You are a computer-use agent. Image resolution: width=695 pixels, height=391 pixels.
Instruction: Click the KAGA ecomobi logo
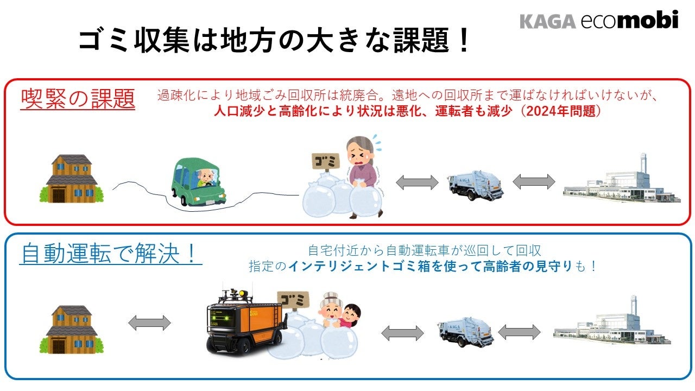tap(599, 21)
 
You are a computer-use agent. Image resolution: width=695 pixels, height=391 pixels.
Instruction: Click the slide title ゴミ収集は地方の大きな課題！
tap(274, 40)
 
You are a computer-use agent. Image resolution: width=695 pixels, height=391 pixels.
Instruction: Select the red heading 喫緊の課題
tap(78, 99)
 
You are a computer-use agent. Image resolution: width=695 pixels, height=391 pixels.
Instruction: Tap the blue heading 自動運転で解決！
tap(110, 254)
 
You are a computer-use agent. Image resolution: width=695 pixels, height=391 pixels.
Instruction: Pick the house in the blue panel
tap(71, 329)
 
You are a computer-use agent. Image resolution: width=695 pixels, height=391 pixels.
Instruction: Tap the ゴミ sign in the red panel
tap(325, 161)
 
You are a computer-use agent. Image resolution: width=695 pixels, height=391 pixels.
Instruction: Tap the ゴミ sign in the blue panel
tap(293, 299)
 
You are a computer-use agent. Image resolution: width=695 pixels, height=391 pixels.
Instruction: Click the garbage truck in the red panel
tap(475, 185)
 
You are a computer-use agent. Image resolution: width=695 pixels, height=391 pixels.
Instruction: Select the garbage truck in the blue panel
tap(465, 332)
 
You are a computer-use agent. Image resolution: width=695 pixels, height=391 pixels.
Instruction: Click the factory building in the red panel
tap(622, 182)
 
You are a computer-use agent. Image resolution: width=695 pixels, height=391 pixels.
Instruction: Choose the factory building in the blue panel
tap(612, 325)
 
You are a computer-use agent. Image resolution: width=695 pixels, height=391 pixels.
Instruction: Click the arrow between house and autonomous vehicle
tap(149, 323)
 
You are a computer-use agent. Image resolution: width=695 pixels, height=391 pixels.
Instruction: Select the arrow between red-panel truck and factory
tap(534, 181)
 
